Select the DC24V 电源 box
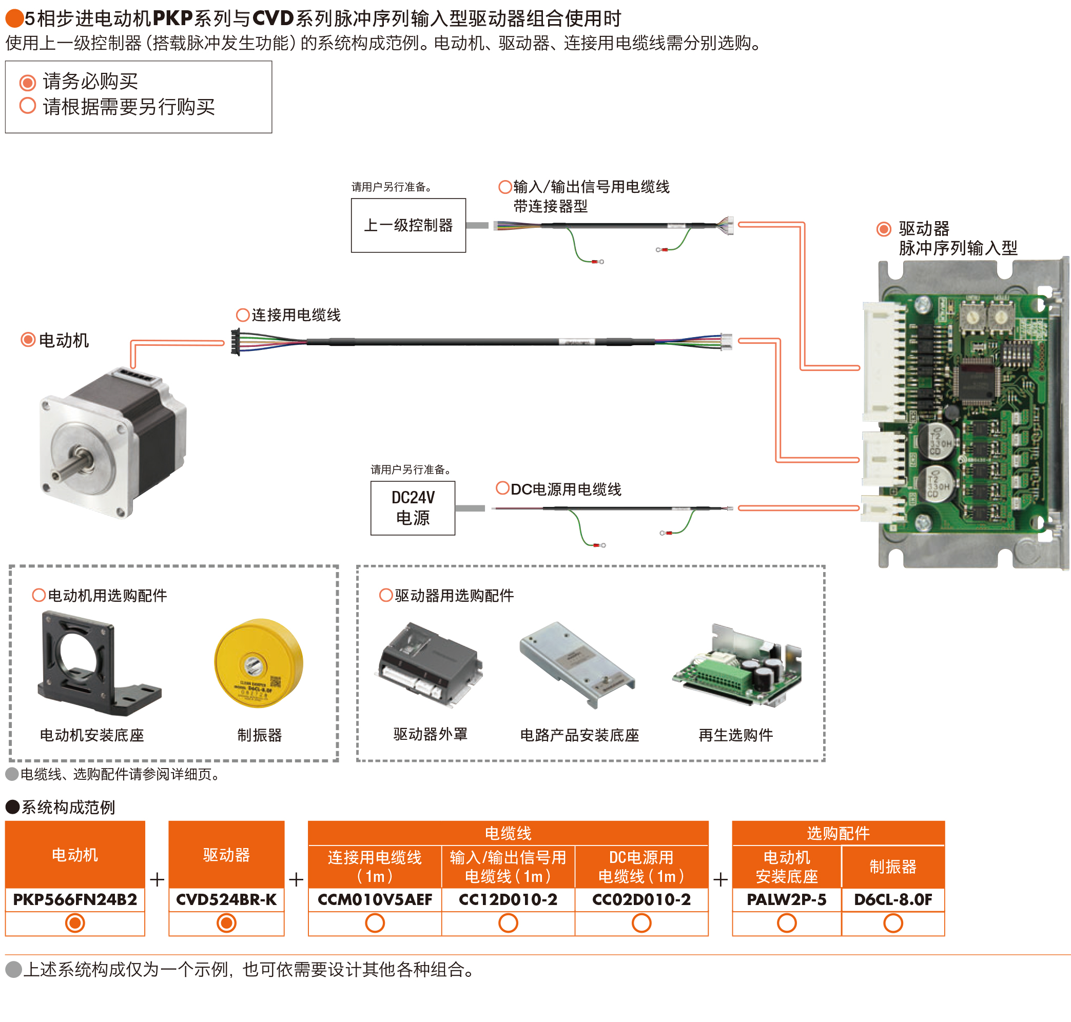(x=412, y=507)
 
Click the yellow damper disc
(x=258, y=662)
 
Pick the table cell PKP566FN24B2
(x=75, y=899)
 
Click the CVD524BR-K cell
(x=226, y=899)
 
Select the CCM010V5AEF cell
(x=375, y=899)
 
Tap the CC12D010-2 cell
(x=508, y=899)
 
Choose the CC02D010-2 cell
(x=641, y=899)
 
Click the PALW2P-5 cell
(x=786, y=899)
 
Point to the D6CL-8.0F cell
(x=892, y=899)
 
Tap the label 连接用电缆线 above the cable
(x=296, y=315)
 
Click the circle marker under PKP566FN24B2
(x=75, y=923)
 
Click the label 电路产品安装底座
(x=579, y=735)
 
